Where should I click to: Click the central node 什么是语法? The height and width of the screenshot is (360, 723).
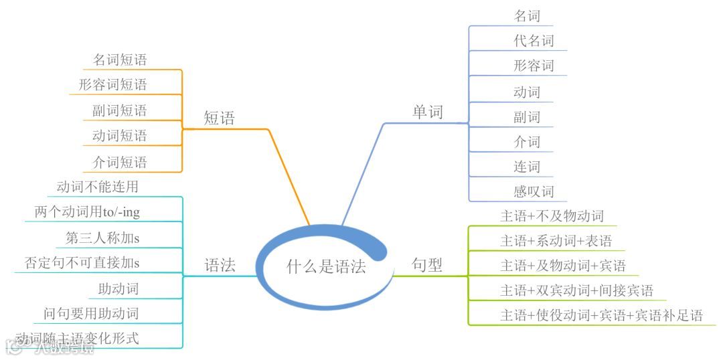point(326,267)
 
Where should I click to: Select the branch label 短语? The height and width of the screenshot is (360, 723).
point(220,118)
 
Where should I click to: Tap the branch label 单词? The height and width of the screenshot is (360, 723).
point(427,112)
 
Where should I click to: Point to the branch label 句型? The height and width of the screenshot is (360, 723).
point(427,265)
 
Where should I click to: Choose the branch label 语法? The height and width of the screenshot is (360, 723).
point(220,265)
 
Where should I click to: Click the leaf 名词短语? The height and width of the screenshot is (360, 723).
point(119,60)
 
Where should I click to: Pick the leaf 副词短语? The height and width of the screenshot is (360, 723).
point(119,110)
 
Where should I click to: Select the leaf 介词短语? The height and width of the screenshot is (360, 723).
point(119,162)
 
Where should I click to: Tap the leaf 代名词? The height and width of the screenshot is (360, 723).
point(534,41)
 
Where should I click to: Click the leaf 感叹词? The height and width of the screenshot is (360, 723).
point(534,191)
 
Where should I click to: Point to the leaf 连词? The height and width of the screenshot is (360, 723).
point(527,167)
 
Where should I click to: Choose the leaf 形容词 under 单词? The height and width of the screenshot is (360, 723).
point(534,66)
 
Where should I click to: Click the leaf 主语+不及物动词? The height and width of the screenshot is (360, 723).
point(552,216)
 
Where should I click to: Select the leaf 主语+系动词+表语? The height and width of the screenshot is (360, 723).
point(556,240)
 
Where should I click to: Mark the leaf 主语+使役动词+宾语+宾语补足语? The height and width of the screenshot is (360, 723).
point(601,315)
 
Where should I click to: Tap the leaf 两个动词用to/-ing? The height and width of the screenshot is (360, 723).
point(87,212)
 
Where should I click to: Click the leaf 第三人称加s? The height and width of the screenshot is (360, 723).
point(102,238)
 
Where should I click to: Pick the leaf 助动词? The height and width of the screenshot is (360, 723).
point(118,289)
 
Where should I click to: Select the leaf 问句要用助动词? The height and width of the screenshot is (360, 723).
point(91,313)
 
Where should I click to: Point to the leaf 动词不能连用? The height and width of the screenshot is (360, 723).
point(98,187)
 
